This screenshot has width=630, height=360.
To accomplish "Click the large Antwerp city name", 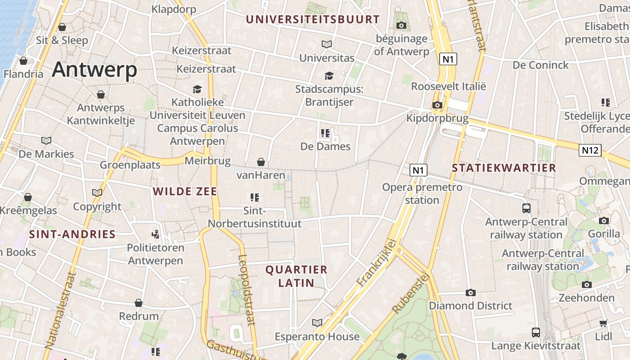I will (x=94, y=70).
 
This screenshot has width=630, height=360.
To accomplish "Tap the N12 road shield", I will (x=590, y=150).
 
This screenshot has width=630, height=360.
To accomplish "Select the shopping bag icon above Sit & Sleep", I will (x=62, y=27).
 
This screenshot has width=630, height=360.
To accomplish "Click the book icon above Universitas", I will (x=327, y=45).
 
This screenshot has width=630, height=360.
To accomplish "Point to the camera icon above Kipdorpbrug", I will (x=437, y=105).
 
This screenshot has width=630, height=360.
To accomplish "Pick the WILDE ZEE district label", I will (x=185, y=191).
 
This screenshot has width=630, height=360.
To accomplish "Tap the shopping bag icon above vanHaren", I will (x=261, y=162).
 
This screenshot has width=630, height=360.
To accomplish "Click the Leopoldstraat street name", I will (x=247, y=290).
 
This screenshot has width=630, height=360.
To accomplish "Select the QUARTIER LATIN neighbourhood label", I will (x=296, y=276).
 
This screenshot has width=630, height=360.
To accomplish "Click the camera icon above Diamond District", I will (x=470, y=293).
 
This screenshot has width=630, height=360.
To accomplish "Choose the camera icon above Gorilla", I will (x=604, y=220).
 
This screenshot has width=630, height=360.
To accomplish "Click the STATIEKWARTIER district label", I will (x=504, y=168).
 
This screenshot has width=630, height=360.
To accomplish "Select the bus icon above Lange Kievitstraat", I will (x=535, y=333).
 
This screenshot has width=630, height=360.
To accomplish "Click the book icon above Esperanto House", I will (x=317, y=323).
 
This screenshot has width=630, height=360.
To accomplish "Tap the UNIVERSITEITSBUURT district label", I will (x=313, y=19).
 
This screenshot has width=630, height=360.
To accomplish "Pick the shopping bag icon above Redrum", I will (x=139, y=303).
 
